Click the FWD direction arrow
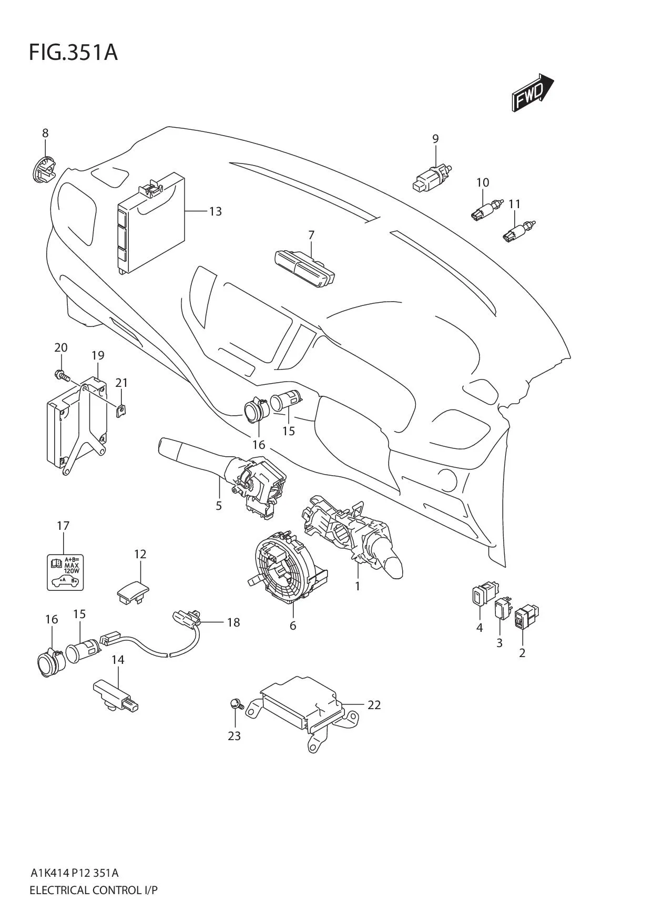(x=532, y=94)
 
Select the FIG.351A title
(x=73, y=53)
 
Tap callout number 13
(x=216, y=211)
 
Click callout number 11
(x=514, y=203)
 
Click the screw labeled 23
(x=235, y=704)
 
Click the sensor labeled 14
(x=116, y=694)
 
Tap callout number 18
(x=233, y=622)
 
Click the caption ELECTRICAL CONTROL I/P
(x=94, y=890)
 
